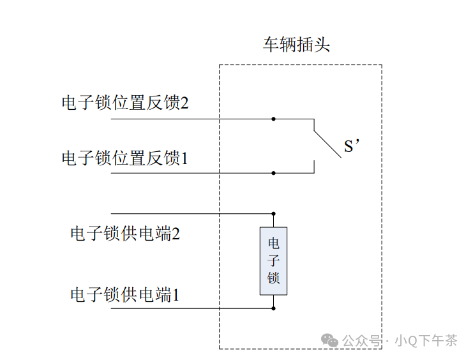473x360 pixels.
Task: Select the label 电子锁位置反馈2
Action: (124, 103)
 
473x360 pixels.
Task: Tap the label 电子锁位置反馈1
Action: (124, 157)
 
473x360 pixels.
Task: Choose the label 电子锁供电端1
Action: (124, 294)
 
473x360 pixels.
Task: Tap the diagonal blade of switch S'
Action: (326, 144)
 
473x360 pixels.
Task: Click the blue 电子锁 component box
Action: (273, 260)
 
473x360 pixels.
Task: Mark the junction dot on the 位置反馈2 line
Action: (273, 119)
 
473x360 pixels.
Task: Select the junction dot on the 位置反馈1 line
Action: (273, 172)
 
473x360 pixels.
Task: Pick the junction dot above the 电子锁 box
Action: (273, 213)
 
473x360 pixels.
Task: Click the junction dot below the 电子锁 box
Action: (273, 308)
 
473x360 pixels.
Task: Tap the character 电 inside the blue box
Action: (273, 243)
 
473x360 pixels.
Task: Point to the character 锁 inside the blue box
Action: (273, 278)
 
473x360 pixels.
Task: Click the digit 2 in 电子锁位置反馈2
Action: (184, 103)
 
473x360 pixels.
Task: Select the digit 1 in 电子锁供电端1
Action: (176, 294)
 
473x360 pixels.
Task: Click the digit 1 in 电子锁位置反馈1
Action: (184, 157)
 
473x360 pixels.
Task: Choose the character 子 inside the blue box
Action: (273, 260)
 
